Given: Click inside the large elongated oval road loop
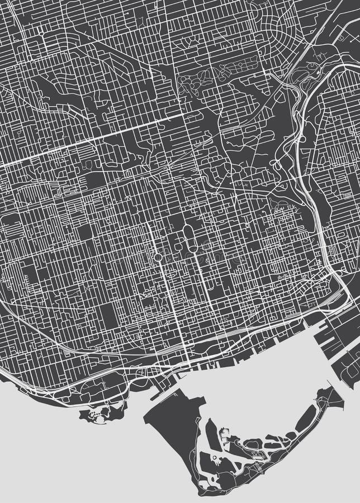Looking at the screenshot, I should [x=188, y=235].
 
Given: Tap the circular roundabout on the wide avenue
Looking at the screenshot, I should [x=158, y=258].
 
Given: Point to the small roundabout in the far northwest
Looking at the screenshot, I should [x=42, y=34].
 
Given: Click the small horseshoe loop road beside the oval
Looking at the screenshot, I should [x=174, y=246].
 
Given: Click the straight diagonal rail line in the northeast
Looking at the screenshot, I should [x=321, y=39].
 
